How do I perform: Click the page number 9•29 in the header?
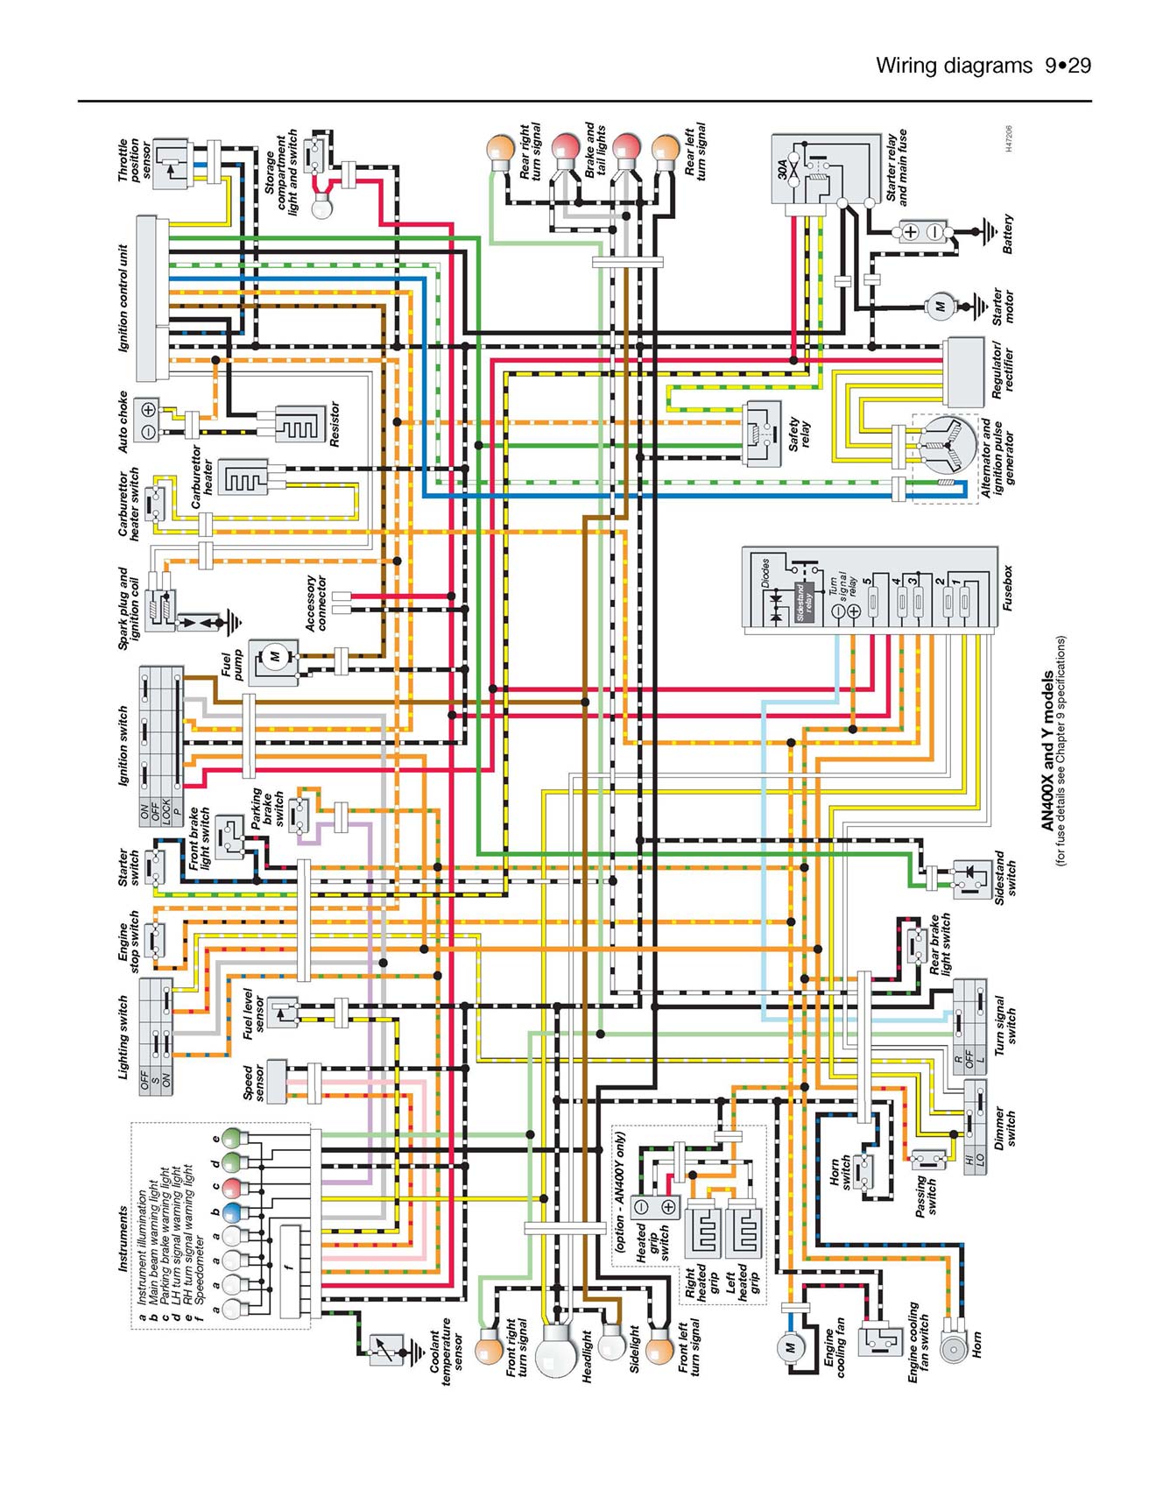[x=1068, y=66]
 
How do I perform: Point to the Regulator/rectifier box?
[x=963, y=371]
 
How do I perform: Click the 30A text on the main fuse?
[x=783, y=167]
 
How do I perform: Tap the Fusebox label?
[x=1007, y=588]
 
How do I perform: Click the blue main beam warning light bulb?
[x=232, y=1213]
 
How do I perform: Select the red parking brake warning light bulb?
[x=232, y=1188]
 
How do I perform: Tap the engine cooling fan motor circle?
[x=789, y=1347]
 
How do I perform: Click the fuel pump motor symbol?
[x=274, y=657]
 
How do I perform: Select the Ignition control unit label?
[x=123, y=298]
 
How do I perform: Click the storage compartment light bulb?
[x=322, y=208]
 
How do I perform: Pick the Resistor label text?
[x=334, y=424]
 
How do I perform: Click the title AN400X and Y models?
[x=1047, y=751]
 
